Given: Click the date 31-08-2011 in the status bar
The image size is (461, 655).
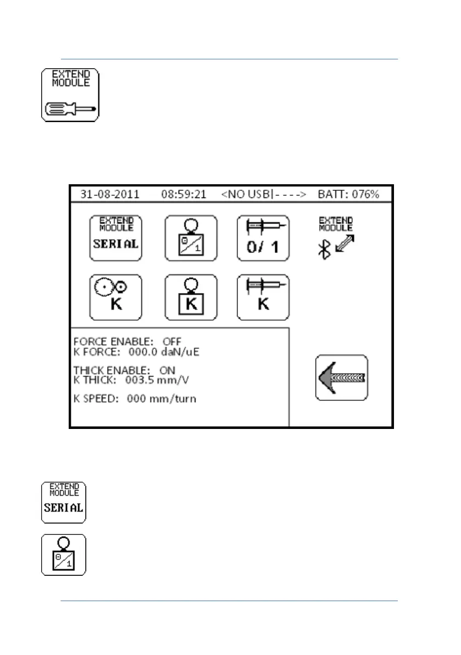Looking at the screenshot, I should [110, 195].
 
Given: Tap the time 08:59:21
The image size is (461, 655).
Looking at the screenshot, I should [183, 195].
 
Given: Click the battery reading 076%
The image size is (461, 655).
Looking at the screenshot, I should [363, 195].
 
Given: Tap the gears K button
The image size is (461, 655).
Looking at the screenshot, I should [115, 298].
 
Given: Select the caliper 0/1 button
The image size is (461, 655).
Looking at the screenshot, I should [263, 238].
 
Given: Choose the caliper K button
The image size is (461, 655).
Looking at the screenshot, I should [263, 298].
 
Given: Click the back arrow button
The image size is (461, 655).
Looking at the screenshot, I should [341, 377].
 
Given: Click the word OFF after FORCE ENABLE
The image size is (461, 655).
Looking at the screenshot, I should [171, 342].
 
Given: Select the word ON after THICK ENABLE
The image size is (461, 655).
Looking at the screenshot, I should [167, 371].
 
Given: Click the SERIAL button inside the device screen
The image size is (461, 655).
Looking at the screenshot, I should [115, 238].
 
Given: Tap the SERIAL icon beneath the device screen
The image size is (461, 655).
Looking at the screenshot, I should [64, 502].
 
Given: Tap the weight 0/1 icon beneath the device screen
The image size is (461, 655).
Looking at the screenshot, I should [64, 554].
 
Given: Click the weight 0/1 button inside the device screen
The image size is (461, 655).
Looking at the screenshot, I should [191, 238].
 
